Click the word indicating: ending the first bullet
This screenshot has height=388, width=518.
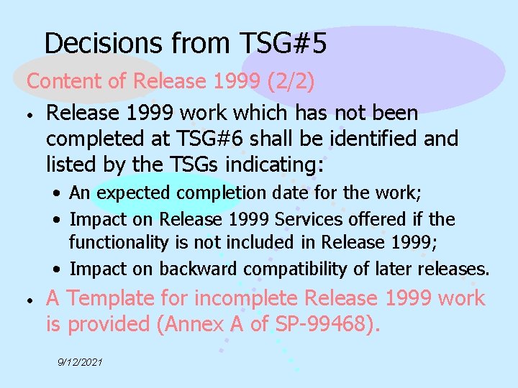[276, 165]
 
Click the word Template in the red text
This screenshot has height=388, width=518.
[126, 297]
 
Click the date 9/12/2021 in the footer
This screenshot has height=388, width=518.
[81, 362]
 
